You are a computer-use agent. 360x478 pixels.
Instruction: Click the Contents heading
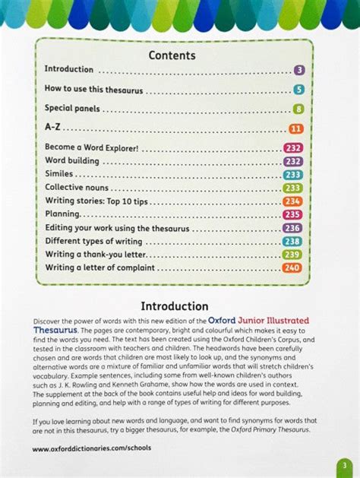click(172, 55)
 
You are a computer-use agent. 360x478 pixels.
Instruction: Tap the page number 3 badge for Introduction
click(299, 70)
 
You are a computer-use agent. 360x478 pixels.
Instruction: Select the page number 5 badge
click(299, 90)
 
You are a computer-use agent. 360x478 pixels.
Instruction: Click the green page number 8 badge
click(298, 109)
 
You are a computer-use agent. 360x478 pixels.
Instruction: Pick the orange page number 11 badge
click(296, 129)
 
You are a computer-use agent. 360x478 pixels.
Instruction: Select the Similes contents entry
click(60, 174)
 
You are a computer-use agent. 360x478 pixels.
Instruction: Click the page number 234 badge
click(292, 201)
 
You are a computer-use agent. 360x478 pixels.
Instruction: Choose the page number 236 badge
click(292, 228)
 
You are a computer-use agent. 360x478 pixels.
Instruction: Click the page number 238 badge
click(292, 242)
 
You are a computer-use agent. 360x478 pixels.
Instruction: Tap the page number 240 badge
click(292, 268)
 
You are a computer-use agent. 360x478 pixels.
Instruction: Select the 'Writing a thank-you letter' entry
click(95, 255)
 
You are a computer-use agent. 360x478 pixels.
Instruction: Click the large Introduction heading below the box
click(175, 306)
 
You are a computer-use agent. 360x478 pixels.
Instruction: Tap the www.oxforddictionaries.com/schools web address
click(91, 448)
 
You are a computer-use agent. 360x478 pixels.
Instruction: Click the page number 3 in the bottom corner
click(343, 464)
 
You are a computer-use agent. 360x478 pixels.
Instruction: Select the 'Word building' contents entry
click(72, 161)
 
